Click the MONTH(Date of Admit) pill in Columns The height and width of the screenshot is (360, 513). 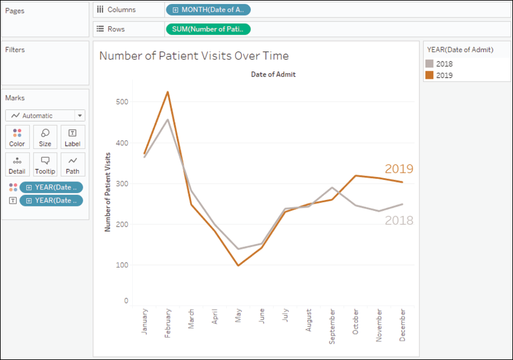(208, 10)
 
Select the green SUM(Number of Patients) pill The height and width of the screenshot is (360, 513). (208, 29)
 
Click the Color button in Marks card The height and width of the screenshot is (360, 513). (17, 137)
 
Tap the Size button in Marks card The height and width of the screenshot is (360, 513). (45, 137)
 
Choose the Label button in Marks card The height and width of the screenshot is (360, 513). (73, 137)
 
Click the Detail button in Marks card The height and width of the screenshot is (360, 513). (17, 164)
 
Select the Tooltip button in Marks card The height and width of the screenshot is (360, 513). (45, 164)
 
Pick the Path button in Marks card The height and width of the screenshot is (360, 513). (73, 164)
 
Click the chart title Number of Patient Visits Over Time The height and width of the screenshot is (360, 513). (194, 56)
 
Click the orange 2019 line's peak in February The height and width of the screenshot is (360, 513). (168, 92)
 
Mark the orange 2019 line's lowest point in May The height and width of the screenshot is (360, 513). (238, 266)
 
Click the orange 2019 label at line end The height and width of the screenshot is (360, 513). (399, 169)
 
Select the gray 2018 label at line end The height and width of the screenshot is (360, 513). (399, 220)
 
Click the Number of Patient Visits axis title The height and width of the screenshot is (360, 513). (107, 192)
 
